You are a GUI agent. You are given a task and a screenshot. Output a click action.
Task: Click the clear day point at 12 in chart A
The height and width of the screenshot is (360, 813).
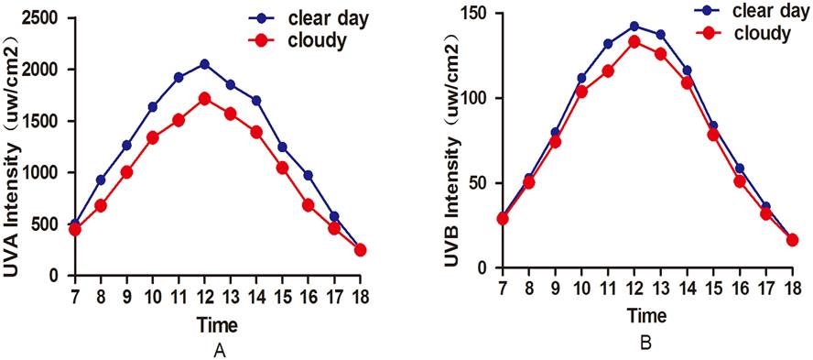pos(204,64)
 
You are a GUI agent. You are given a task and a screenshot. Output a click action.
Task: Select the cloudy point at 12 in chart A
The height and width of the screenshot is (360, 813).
pos(204,99)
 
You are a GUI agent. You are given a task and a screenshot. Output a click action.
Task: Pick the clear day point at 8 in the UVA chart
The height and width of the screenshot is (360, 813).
pos(101,180)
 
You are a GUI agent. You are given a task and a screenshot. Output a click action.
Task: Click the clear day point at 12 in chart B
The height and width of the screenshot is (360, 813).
pos(634,26)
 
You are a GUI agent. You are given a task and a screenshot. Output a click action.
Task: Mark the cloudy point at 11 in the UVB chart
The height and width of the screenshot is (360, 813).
pos(608,71)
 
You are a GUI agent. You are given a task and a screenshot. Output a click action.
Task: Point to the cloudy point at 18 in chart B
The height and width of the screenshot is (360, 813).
pos(792,240)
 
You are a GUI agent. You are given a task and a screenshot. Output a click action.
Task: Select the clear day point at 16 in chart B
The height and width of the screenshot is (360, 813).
pos(740,169)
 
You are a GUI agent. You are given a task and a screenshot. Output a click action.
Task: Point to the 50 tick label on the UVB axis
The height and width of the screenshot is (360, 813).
pos(480,183)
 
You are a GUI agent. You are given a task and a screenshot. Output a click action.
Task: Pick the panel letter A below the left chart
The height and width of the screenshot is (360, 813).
pos(220,351)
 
